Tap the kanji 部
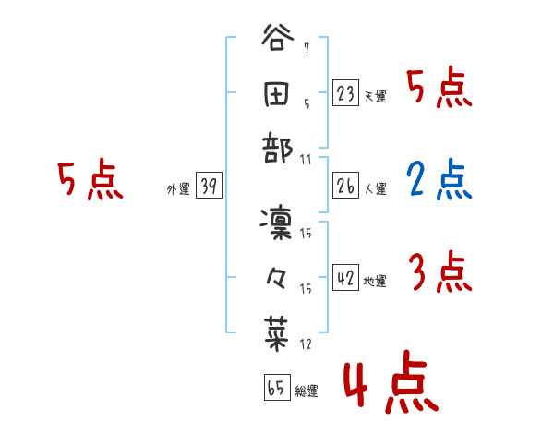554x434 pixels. (x=278, y=147)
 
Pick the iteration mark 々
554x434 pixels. (x=278, y=276)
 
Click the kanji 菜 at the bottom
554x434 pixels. (x=278, y=330)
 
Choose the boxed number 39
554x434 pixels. (x=209, y=187)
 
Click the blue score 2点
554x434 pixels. (x=439, y=183)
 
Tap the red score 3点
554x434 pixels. (x=440, y=273)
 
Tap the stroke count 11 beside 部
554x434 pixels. (x=307, y=160)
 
